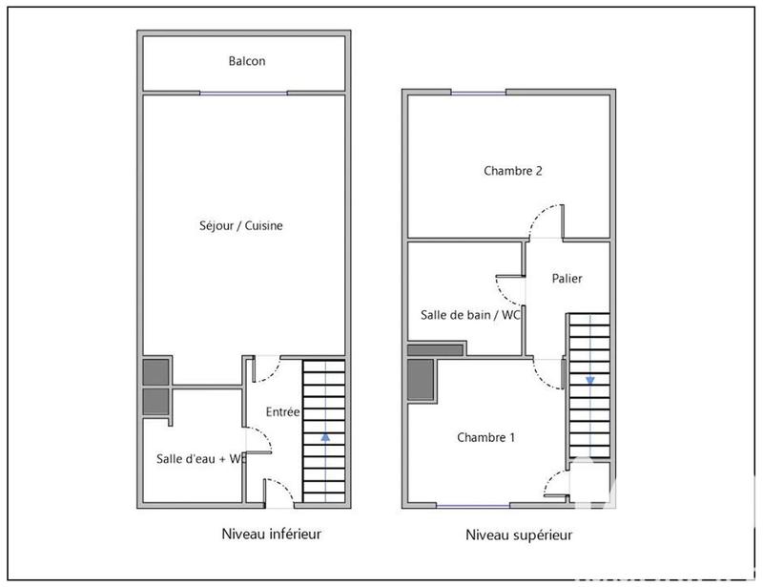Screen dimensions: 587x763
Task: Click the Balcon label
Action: pos(246,61)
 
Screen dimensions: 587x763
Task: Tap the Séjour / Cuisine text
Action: pos(242,226)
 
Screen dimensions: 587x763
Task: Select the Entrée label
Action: pos(283,412)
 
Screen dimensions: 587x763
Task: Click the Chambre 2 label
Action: pos(513,172)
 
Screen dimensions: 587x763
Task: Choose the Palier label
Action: pos(567,279)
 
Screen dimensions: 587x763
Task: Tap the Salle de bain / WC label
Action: pos(469,314)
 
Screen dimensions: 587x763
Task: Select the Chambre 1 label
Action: pos(485,438)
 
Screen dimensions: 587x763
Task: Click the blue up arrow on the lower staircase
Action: pos(326,436)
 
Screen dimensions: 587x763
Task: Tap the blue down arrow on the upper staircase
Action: pos(590,379)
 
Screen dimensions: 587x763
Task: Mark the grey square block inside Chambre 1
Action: pos(421,381)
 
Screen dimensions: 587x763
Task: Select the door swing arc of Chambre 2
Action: pos(546,220)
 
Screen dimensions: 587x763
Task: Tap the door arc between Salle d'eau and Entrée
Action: pos(260,440)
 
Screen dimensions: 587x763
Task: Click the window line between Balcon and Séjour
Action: pos(243,93)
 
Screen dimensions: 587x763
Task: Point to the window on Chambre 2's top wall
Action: pos(479,93)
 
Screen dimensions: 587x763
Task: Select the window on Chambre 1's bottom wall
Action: pos(473,504)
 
